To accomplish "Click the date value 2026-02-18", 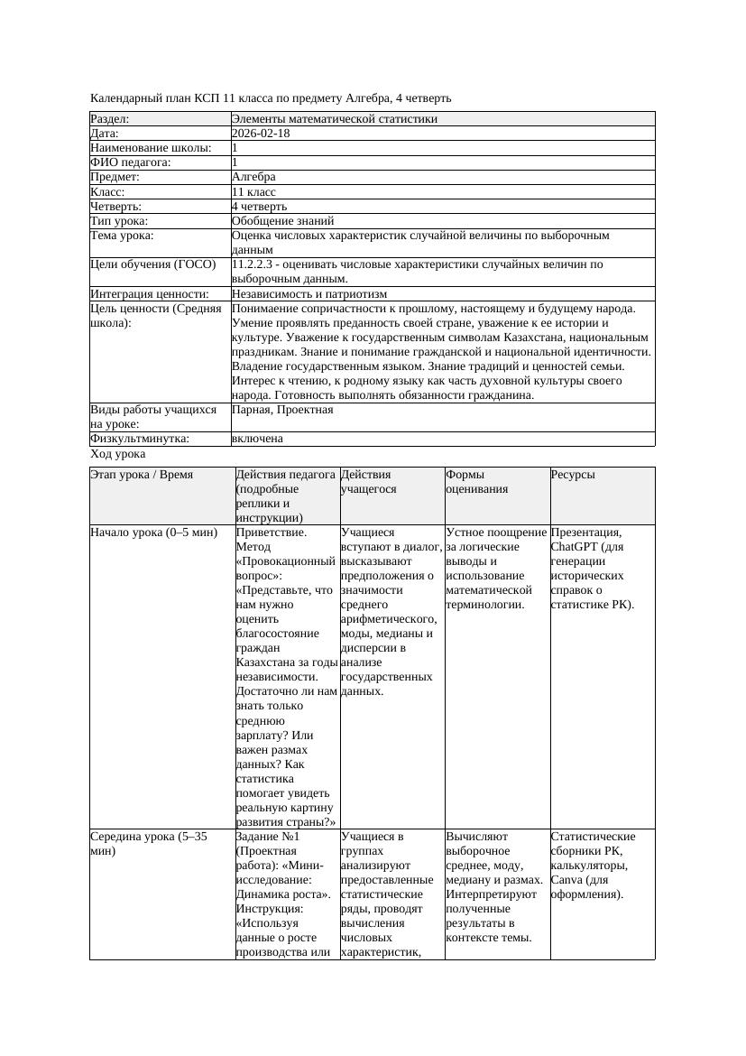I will point(261,134).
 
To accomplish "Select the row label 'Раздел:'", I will point(110,119).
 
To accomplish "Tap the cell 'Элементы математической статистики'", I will point(334,119).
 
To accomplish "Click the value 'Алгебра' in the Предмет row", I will point(253,177).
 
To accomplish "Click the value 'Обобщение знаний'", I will point(282,221).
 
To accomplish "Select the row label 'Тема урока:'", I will point(122,236).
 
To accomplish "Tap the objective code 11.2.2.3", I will point(254,264).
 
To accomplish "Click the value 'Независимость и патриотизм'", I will point(309,294).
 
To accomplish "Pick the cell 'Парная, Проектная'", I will point(282,410).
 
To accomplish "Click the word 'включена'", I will point(257,439).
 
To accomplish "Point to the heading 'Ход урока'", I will point(118,454).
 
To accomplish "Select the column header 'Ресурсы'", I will point(573,475).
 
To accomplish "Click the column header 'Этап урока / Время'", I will point(142,475).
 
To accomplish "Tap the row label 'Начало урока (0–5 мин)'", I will point(154,533).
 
